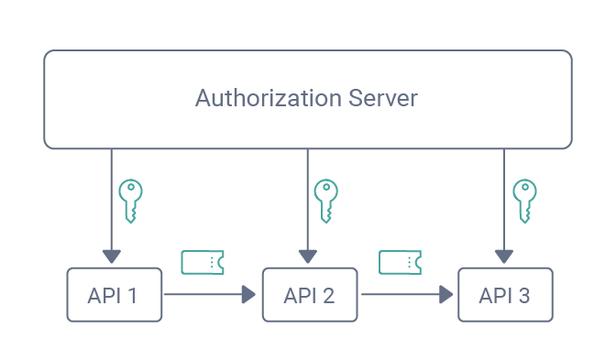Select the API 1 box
[x=115, y=295]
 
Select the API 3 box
[x=506, y=295]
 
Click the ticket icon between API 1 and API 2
[x=203, y=263]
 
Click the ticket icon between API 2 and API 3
[x=401, y=263]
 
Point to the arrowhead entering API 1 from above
[x=111, y=256]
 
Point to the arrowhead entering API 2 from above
[x=308, y=256]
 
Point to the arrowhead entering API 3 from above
[x=504, y=256]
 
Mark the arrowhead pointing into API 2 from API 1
[x=248, y=295]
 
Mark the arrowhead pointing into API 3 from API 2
[x=445, y=295]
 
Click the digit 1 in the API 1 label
[x=134, y=296]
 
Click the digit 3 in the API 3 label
[x=523, y=296]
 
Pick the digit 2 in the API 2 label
[x=328, y=296]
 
